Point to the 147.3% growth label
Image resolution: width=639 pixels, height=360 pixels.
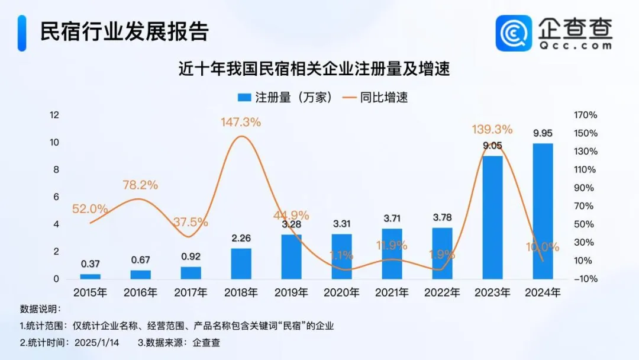pyautogui.click(x=241, y=123)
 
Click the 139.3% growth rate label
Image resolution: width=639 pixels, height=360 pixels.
pyautogui.click(x=492, y=130)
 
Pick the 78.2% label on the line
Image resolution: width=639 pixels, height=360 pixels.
pyautogui.click(x=140, y=185)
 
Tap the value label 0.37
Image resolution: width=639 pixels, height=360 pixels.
pyautogui.click(x=90, y=264)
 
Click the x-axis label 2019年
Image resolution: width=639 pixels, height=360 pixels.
pyautogui.click(x=291, y=292)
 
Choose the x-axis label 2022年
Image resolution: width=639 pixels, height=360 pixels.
pyautogui.click(x=442, y=292)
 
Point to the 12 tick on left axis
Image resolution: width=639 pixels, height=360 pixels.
pyautogui.click(x=54, y=115)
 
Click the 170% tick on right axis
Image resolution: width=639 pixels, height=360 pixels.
pyautogui.click(x=585, y=115)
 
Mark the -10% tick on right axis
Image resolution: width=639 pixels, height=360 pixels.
pyautogui.click(x=585, y=279)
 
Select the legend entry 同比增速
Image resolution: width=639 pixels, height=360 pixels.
pyautogui.click(x=376, y=97)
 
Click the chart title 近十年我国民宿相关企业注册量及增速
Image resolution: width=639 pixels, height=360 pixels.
pyautogui.click(x=314, y=69)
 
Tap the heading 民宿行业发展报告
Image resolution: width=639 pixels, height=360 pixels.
pyautogui.click(x=124, y=31)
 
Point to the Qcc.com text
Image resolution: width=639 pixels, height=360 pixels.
pyautogui.click(x=575, y=45)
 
